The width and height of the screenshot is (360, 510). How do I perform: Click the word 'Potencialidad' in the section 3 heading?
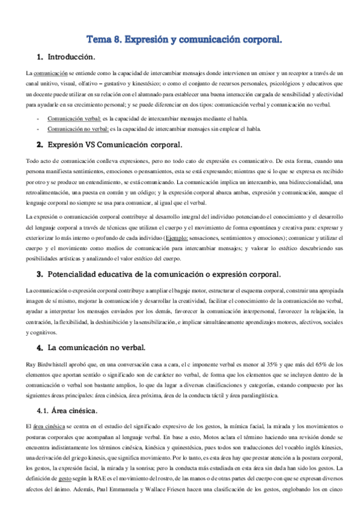tap(76, 274)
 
